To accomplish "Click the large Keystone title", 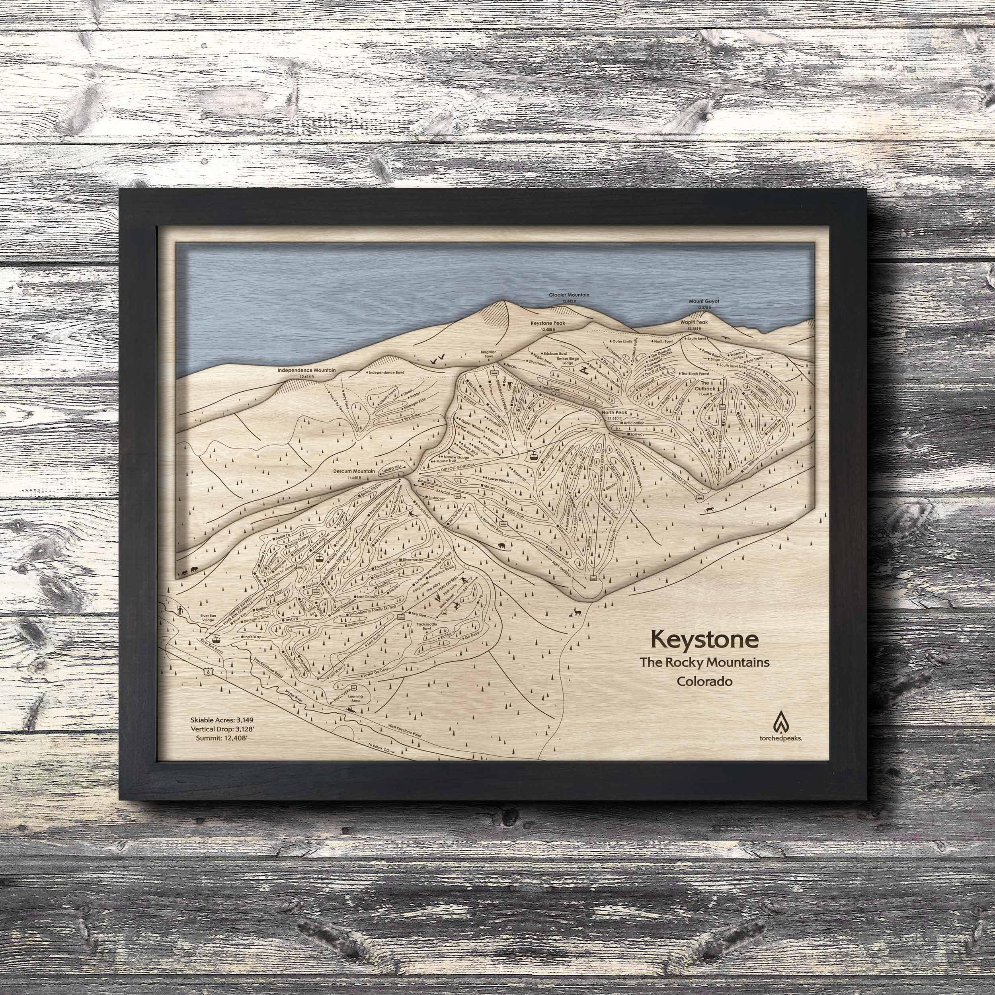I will pyautogui.click(x=704, y=639).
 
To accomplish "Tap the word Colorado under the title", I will pyautogui.click(x=704, y=681).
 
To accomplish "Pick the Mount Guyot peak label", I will pyautogui.click(x=704, y=301).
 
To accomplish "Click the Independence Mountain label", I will pyautogui.click(x=306, y=370).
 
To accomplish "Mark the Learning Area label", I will pyautogui.click(x=355, y=699).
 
